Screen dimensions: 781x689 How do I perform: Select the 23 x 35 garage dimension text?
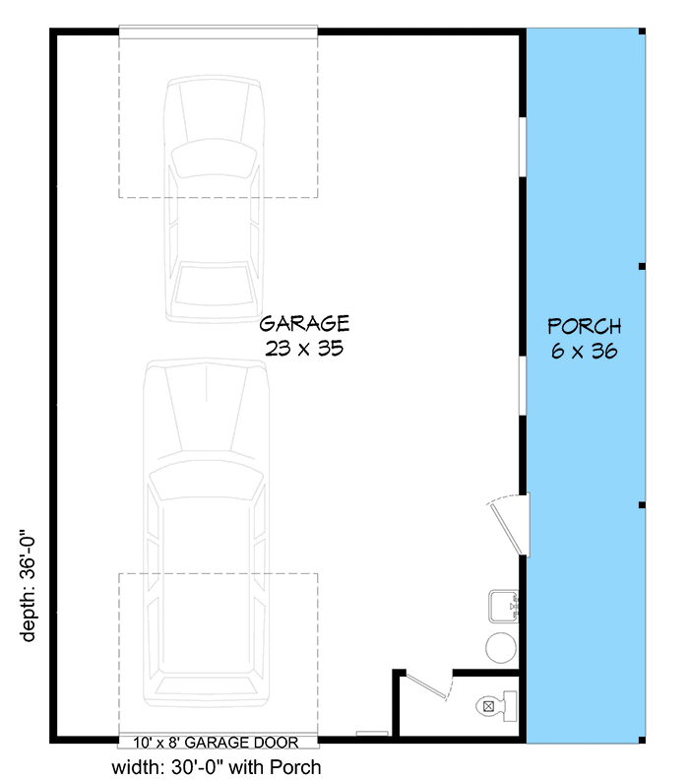coord(304,348)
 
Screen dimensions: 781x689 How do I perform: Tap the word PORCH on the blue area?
coord(584,326)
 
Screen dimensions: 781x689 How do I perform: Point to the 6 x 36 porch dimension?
coord(584,352)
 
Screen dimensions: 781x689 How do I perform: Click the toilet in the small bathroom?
coord(493,705)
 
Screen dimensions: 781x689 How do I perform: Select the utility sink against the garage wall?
coord(504,607)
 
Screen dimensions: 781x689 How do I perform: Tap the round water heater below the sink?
coord(502,647)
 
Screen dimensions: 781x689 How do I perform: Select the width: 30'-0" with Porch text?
coord(218,766)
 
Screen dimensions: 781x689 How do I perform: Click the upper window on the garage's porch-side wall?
coord(523,148)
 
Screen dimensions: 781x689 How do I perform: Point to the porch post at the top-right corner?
coord(642,32)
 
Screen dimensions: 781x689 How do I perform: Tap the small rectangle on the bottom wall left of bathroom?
coord(371,734)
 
